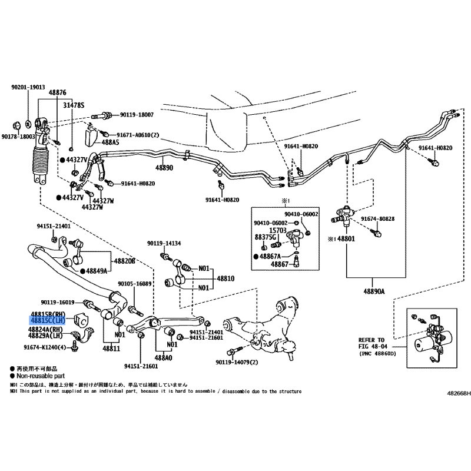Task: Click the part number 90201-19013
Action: click(28, 87)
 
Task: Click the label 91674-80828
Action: click(377, 219)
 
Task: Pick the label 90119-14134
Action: click(164, 243)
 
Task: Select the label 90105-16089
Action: click(135, 283)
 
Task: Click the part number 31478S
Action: click(74, 105)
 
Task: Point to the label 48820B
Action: click(124, 260)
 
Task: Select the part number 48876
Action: click(57, 92)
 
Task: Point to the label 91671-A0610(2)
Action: click(138, 134)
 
